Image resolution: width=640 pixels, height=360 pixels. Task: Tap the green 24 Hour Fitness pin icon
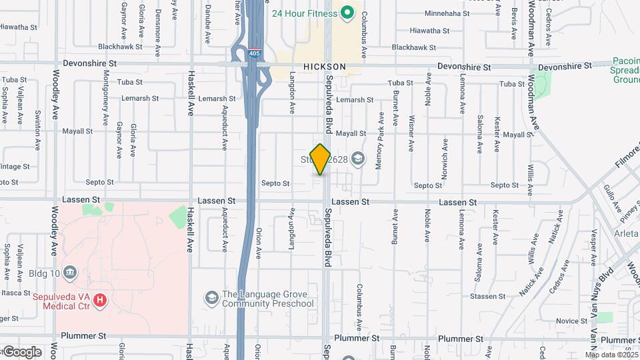(x=347, y=12)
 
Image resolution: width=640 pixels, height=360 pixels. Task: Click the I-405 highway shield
(x=255, y=53)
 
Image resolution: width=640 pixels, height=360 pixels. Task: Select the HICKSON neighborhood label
(x=325, y=67)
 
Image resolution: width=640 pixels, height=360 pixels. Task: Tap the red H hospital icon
(x=100, y=301)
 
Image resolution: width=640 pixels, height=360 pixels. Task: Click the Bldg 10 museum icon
(x=72, y=272)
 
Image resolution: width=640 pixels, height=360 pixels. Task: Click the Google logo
(x=21, y=351)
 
